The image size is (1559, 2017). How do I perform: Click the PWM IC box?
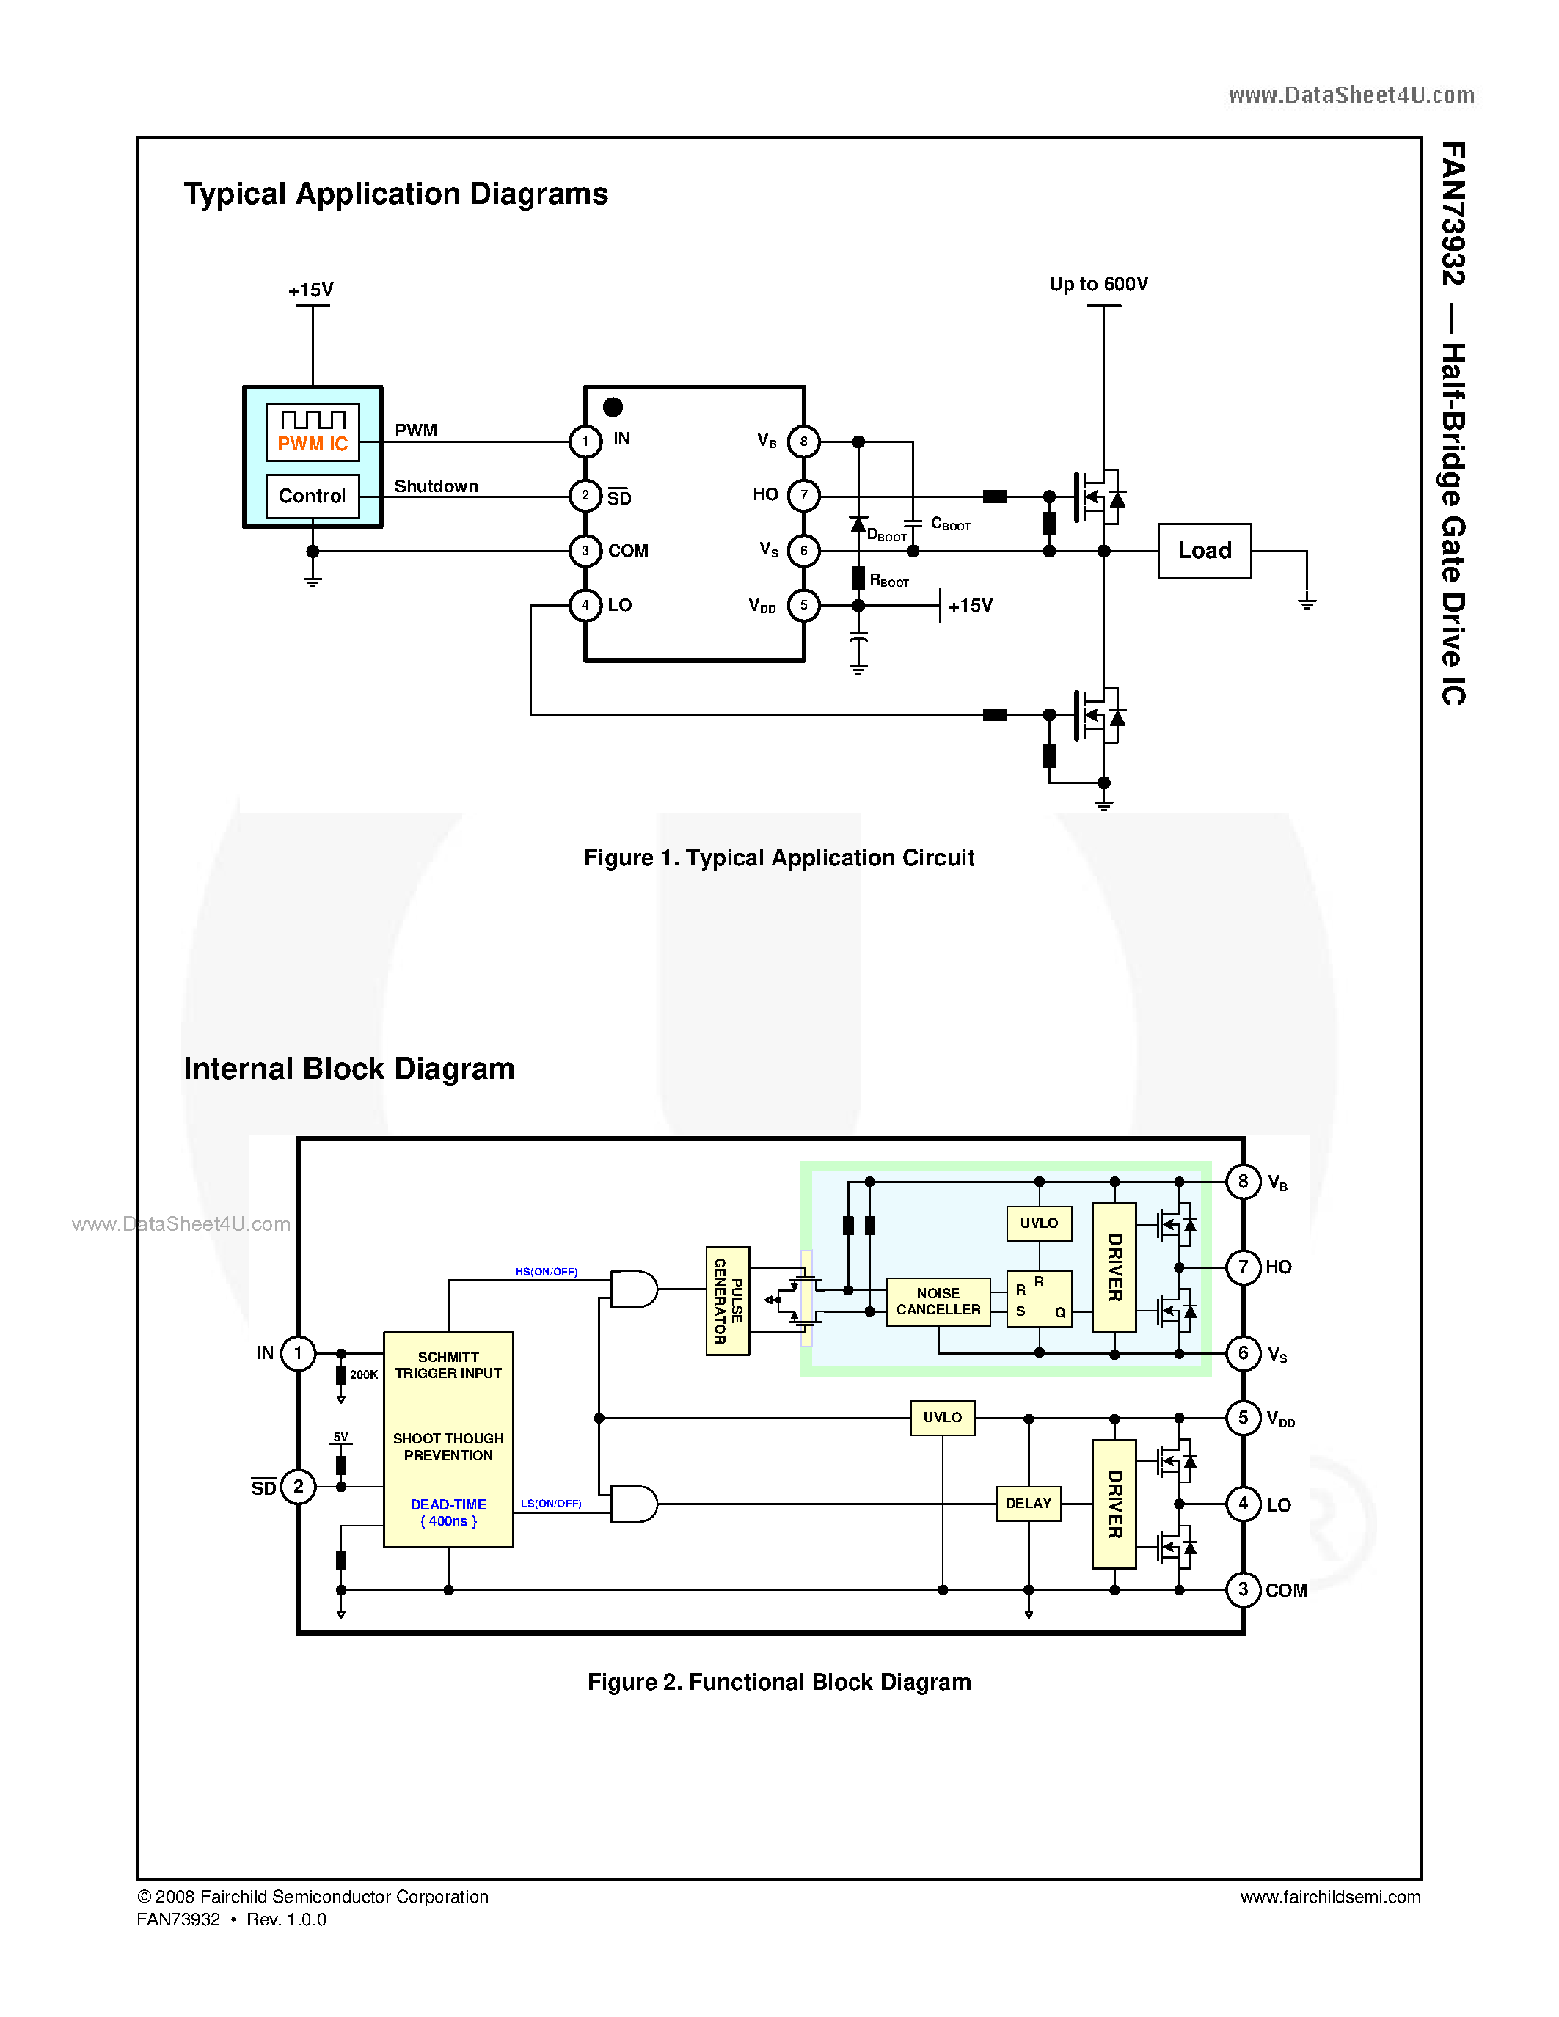313,432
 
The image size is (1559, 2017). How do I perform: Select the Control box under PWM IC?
313,496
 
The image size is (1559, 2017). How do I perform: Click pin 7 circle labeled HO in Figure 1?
803,496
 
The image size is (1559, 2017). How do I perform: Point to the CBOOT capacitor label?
950,524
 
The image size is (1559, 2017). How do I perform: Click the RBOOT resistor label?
888,581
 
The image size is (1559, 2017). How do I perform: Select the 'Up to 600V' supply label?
1098,285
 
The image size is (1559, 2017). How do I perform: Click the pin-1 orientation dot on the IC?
613,406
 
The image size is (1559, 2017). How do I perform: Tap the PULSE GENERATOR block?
728,1300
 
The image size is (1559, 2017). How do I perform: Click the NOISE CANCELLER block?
938,1301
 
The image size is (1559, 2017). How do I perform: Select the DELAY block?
1028,1503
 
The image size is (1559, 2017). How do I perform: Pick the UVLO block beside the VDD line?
942,1417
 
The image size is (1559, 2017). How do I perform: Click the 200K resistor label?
364,1374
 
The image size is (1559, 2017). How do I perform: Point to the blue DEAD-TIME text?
448,1504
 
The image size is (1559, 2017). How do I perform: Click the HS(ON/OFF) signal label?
546,1272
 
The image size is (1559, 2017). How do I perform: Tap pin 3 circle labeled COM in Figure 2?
1242,1589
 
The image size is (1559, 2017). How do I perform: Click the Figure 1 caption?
778,858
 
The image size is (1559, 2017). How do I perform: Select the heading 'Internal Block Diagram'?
349,1069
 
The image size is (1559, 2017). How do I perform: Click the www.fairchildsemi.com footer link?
1330,1897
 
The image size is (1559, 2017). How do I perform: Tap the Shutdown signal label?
436,486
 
